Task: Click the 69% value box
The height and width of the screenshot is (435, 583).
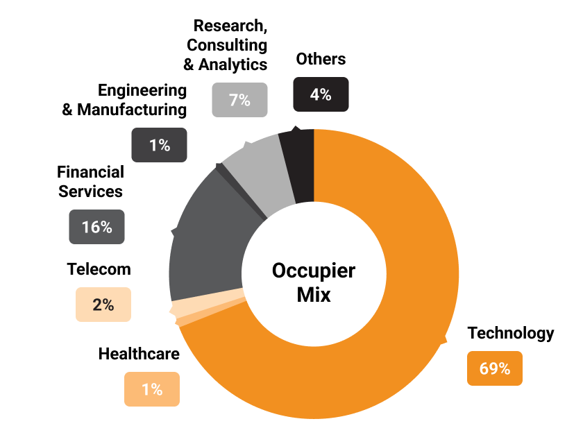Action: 494,368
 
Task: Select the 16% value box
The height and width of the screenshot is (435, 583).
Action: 96,227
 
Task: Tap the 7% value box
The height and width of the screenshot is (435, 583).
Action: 239,100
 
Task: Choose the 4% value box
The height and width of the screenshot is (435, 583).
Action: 321,94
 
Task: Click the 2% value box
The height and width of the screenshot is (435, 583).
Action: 103,305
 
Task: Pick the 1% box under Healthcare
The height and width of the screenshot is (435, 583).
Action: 151,389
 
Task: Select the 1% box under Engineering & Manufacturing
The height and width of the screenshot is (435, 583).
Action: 159,145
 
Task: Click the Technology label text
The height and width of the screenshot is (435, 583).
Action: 511,334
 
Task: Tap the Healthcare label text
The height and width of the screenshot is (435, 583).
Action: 139,355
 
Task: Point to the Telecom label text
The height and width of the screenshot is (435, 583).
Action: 99,268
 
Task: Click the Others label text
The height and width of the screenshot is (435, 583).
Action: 321,59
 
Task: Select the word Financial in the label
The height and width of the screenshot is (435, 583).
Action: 90,171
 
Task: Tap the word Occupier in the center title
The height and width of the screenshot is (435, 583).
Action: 314,270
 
